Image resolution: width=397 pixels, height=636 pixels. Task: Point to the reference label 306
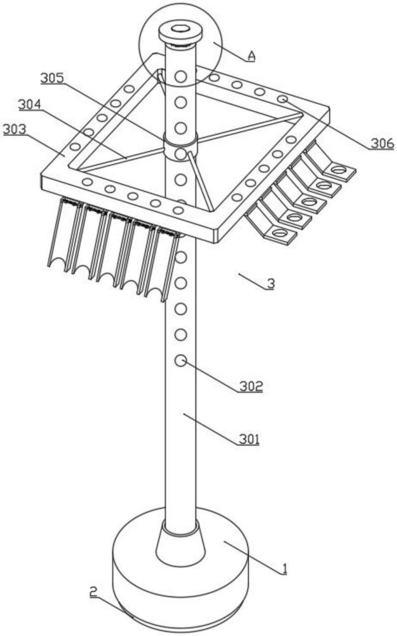[382, 144]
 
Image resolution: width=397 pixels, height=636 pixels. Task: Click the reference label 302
[250, 386]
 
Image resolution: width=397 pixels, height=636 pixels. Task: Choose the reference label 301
[248, 439]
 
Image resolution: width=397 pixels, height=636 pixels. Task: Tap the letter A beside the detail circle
[252, 56]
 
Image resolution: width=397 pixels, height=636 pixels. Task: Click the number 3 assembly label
[270, 284]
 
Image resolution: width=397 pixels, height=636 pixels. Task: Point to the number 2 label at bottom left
[93, 592]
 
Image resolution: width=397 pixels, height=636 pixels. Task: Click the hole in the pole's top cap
[180, 29]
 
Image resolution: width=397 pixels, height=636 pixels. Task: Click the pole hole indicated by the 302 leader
[180, 361]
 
